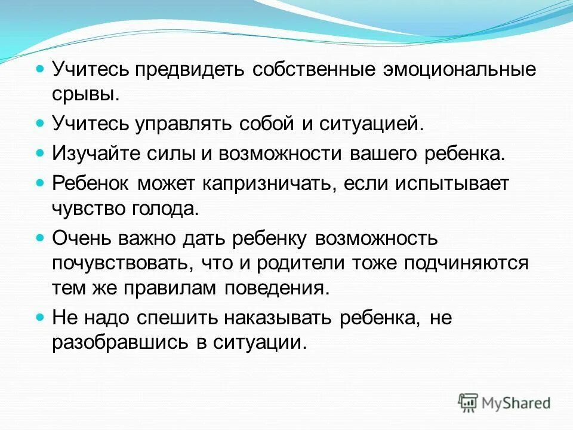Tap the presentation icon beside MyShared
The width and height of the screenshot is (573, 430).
[x=469, y=402]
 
